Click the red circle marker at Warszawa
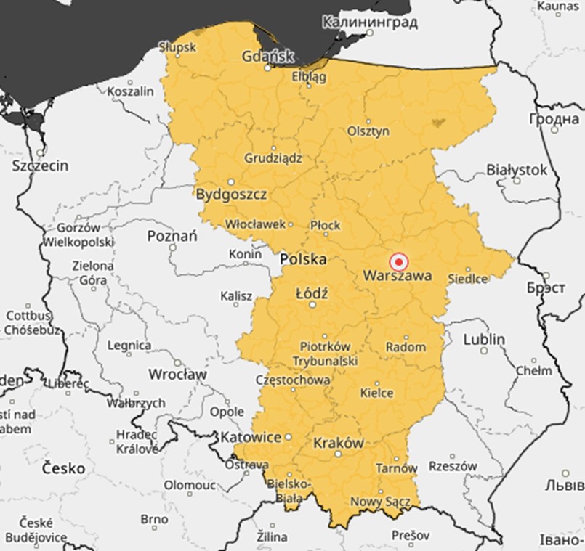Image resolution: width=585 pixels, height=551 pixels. point(398,262)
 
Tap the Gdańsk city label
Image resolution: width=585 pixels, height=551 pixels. point(268,56)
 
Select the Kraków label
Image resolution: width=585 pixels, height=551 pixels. point(338,442)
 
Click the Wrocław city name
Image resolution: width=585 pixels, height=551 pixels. point(177,375)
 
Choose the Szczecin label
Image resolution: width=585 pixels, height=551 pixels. point(41,166)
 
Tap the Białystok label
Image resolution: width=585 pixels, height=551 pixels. point(516,169)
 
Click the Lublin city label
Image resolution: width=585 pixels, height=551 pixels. point(484,339)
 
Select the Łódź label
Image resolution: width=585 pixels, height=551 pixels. point(312,294)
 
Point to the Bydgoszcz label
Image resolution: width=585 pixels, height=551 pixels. point(231,195)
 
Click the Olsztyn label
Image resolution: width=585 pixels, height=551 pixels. point(368,131)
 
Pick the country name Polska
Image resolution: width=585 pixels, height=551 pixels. point(303,259)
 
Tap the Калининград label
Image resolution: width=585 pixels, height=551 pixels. point(369,22)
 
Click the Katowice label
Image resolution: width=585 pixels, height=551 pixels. point(250,438)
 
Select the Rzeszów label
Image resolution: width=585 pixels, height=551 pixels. point(453,466)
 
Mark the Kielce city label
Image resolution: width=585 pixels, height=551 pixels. point(376,393)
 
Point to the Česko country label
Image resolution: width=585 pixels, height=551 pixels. point(63,468)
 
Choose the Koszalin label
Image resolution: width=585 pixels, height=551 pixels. point(131,91)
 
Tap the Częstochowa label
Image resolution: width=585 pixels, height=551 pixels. point(293,380)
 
